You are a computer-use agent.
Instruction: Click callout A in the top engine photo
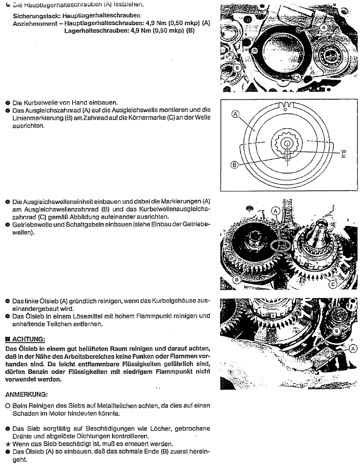[324, 27]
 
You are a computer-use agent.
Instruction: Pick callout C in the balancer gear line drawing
[343, 154]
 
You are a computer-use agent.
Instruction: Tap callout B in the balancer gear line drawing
[234, 165]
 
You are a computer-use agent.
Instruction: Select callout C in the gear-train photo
[333, 284]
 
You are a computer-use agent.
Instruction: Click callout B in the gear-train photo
[236, 280]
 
